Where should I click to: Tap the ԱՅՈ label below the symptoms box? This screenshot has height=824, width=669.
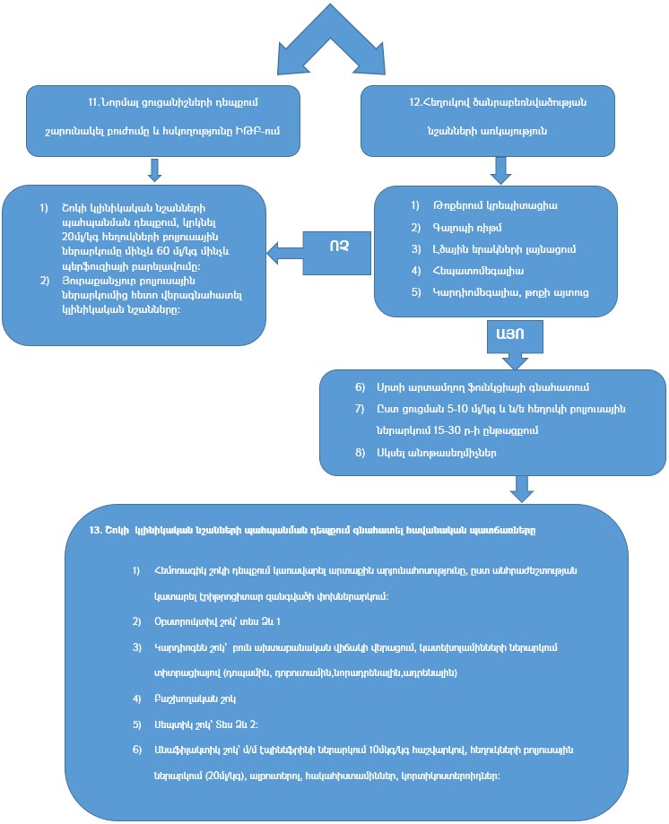point(506,334)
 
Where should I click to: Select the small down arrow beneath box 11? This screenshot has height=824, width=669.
point(155,169)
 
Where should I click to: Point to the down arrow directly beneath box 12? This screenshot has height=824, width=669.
point(500,168)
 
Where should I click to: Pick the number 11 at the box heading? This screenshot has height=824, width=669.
point(94,102)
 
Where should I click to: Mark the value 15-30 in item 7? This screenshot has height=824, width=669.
point(413,430)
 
